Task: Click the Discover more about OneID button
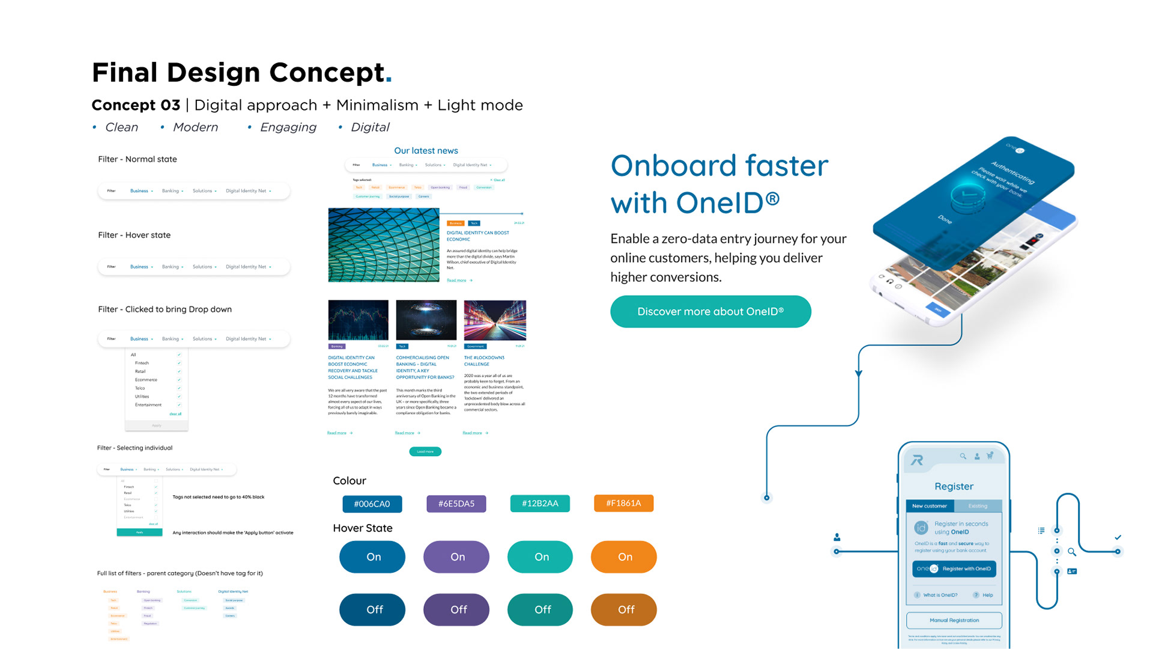(x=710, y=311)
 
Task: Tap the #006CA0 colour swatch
(x=372, y=504)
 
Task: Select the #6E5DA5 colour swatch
(x=456, y=504)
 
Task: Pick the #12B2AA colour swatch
(x=540, y=503)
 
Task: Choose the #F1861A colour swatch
(x=623, y=503)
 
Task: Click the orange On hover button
(x=624, y=557)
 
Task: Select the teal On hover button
(x=540, y=557)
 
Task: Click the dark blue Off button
(x=372, y=609)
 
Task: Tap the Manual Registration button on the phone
(x=954, y=620)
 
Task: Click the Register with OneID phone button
(x=954, y=568)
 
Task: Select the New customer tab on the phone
(x=929, y=506)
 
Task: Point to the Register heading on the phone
(x=954, y=486)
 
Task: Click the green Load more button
(x=425, y=451)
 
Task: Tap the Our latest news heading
(x=426, y=151)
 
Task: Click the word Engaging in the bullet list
(x=288, y=127)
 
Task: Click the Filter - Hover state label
(x=135, y=235)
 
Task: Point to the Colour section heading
(x=350, y=481)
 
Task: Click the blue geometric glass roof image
(x=384, y=245)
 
